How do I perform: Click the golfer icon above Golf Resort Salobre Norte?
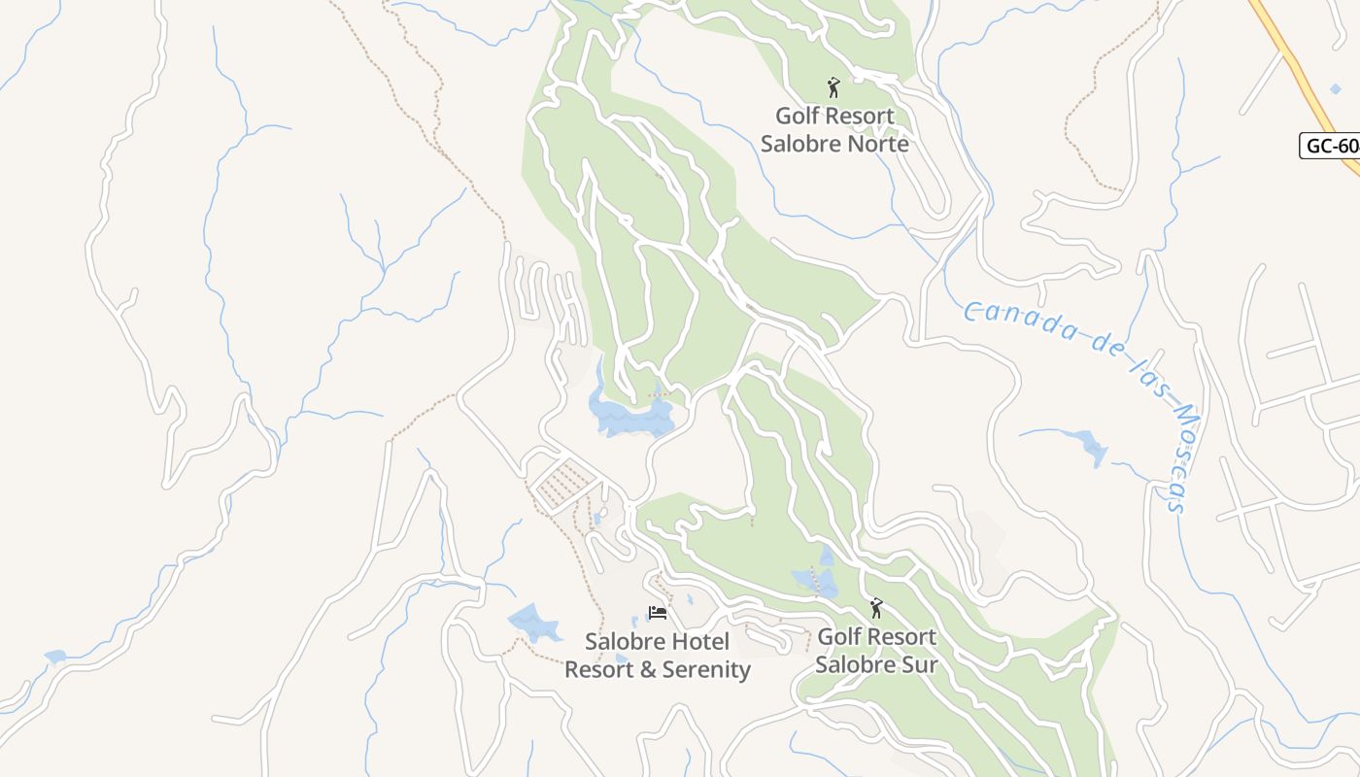833,88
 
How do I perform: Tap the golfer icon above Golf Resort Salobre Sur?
876,609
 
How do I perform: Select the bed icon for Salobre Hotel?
658,614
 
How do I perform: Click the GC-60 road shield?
1330,146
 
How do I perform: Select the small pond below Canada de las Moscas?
1088,447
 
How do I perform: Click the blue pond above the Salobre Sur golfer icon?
818,580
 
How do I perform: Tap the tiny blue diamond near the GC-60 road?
1335,89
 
